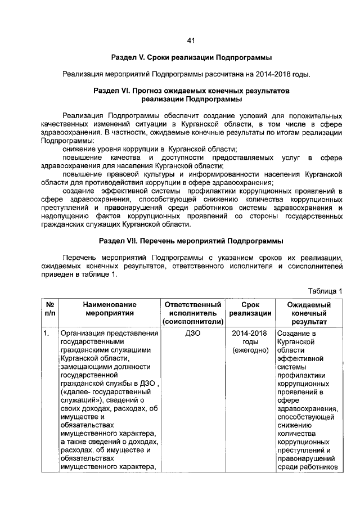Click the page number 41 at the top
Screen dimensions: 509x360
click(x=190, y=40)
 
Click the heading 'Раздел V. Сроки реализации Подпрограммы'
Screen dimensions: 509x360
click(x=191, y=58)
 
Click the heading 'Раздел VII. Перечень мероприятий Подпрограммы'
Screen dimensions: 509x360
click(x=191, y=241)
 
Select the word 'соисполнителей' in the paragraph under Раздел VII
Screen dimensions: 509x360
click(x=314, y=266)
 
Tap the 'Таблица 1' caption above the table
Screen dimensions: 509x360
click(x=325, y=291)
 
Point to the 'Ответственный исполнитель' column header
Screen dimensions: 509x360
click(x=193, y=309)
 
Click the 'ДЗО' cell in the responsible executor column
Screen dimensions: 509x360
click(x=193, y=334)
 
